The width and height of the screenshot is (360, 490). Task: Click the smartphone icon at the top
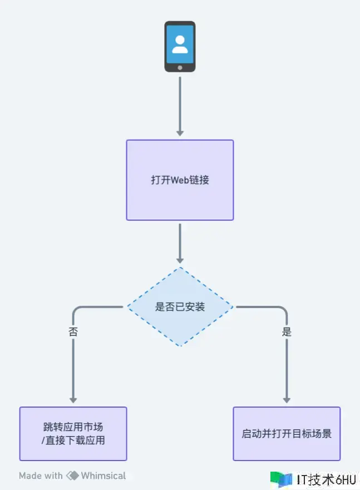coord(180,47)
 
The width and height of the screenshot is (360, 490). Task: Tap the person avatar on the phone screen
coord(180,44)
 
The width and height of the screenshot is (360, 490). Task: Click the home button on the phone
coord(180,67)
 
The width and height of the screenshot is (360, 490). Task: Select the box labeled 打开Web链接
coord(180,180)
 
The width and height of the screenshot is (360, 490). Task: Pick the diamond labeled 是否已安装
coord(180,306)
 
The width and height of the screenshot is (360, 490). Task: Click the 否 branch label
coord(73,332)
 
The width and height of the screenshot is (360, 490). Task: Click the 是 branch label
coord(287,332)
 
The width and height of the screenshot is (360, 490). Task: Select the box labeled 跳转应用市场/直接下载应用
coord(73,434)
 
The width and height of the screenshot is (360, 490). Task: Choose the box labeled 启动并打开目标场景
coord(287,434)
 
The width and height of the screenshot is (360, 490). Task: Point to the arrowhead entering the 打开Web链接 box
coord(180,133)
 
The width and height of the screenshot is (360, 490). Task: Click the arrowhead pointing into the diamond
coord(180,260)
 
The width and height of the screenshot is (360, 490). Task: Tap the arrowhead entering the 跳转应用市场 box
coord(73,399)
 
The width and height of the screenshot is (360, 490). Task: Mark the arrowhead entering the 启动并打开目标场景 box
coord(287,399)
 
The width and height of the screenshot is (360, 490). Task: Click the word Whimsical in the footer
coord(103,476)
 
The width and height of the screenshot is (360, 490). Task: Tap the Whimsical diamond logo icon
coord(72,476)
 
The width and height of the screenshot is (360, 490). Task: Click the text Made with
coord(41,476)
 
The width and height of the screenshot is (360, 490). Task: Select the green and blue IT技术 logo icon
coord(281,479)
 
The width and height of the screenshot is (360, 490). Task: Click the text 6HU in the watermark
coord(345,479)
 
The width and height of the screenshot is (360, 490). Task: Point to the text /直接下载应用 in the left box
coord(73,440)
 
